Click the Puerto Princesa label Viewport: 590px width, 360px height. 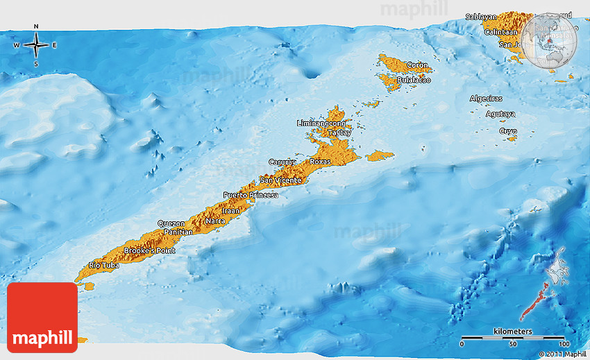click(x=250, y=195)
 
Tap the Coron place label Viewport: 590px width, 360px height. click(x=417, y=65)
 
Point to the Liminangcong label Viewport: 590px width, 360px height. click(x=321, y=123)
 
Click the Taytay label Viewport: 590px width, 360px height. click(x=339, y=132)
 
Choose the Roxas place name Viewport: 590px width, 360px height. click(x=320, y=161)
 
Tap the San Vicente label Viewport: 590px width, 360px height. click(x=280, y=180)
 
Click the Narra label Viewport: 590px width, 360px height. click(x=214, y=222)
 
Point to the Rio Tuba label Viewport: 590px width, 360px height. click(x=104, y=266)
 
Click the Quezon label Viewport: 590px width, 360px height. click(x=171, y=223)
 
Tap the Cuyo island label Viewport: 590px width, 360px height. click(x=507, y=130)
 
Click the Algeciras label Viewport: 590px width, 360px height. click(x=486, y=98)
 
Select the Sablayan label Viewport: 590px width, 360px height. click(x=481, y=16)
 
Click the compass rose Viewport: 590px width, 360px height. click(x=36, y=46)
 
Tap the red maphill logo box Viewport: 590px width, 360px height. click(x=42, y=317)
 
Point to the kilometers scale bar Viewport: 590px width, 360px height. click(x=513, y=338)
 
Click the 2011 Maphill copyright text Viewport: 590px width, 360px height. click(x=562, y=354)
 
